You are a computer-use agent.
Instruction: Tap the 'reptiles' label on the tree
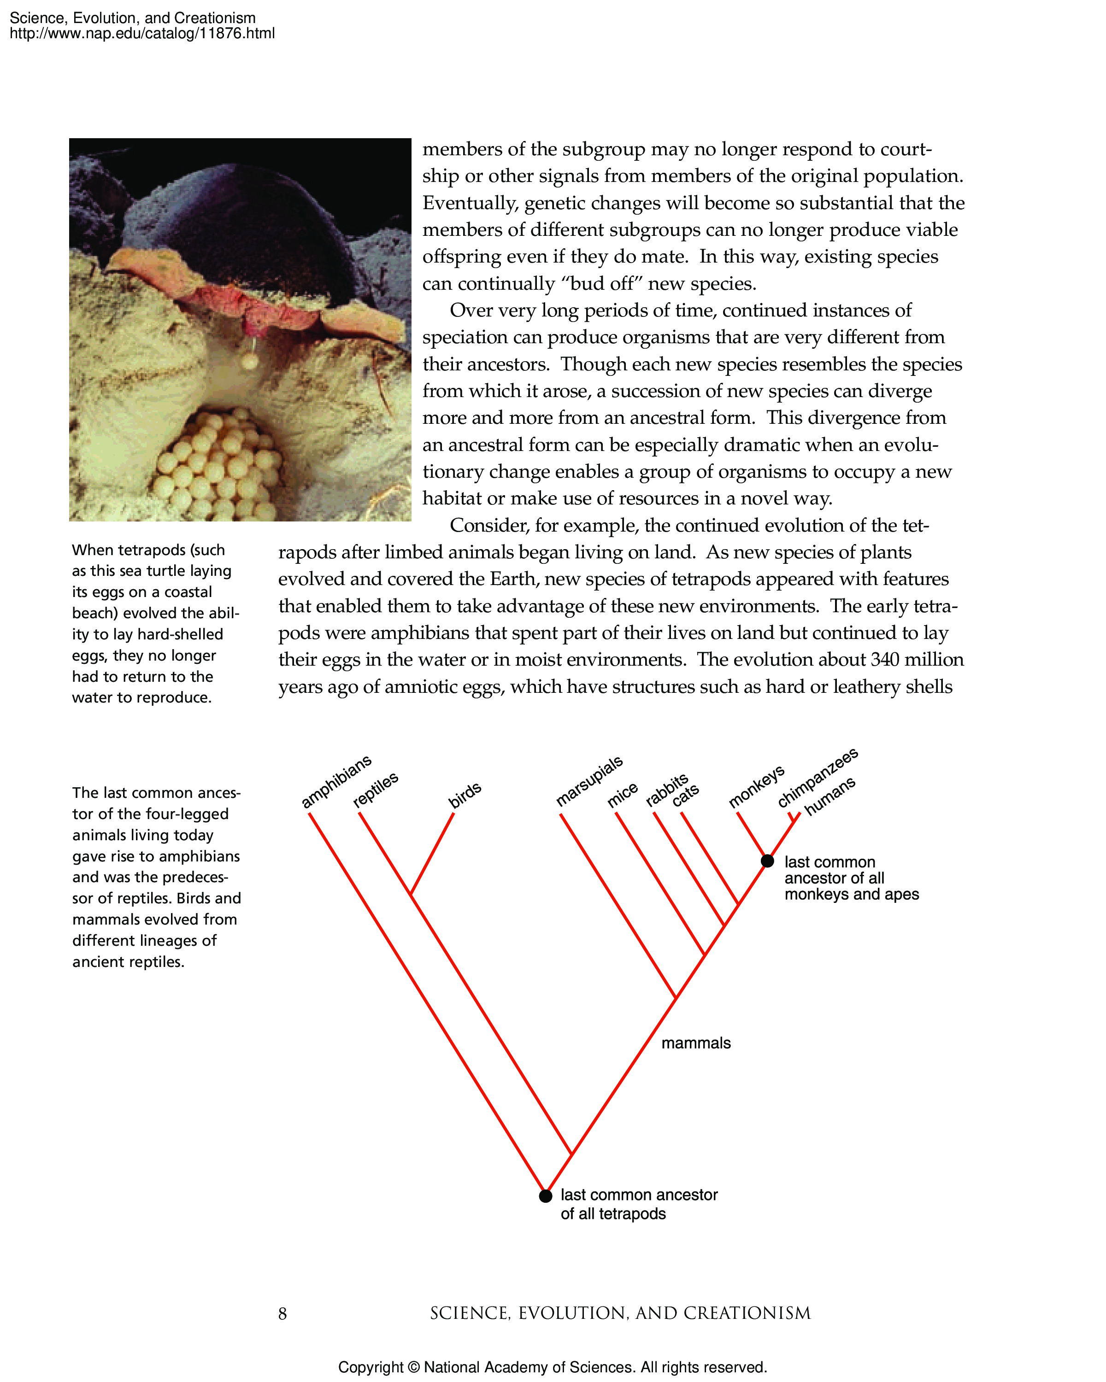(x=376, y=789)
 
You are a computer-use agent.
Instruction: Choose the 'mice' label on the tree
(x=623, y=795)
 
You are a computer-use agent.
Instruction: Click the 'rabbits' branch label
(x=666, y=790)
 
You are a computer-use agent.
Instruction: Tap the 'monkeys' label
(x=757, y=786)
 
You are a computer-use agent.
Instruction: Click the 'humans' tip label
(x=830, y=796)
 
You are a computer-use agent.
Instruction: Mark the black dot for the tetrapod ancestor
(x=545, y=1195)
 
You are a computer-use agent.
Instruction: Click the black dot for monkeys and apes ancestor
(x=767, y=861)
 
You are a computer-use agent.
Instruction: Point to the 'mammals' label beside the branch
(x=696, y=1043)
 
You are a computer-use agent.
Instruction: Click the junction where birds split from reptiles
(x=410, y=894)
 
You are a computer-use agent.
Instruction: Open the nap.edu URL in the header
(x=142, y=33)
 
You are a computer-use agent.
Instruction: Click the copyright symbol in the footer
(x=413, y=1367)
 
